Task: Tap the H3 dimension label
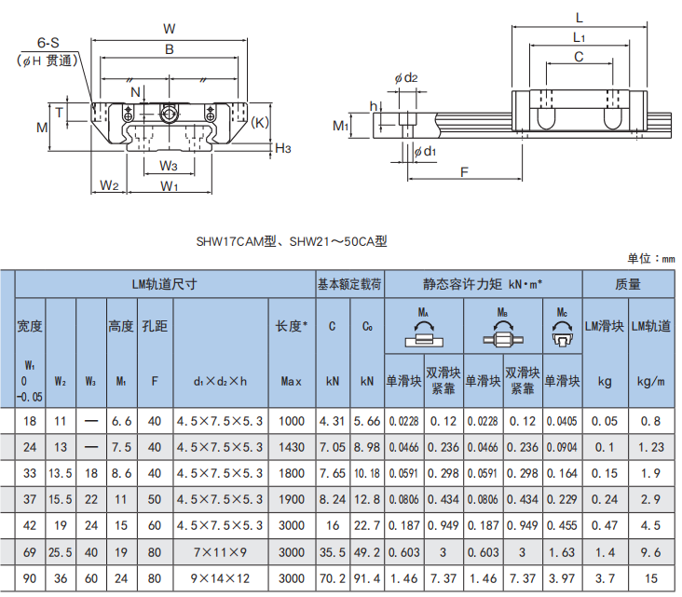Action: coord(284,148)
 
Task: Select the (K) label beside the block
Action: coord(260,122)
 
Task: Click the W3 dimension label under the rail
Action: coord(168,166)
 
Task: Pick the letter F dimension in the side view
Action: coord(463,171)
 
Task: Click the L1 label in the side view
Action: coord(580,37)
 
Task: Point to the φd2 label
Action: coord(406,78)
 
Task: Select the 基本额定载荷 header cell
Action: coord(349,283)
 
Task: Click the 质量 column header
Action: coord(628,283)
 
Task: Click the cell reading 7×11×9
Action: coord(220,552)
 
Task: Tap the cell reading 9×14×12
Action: coord(220,578)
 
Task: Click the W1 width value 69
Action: coord(30,552)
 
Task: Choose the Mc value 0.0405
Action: coord(562,421)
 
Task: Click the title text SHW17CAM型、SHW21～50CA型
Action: coord(291,240)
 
